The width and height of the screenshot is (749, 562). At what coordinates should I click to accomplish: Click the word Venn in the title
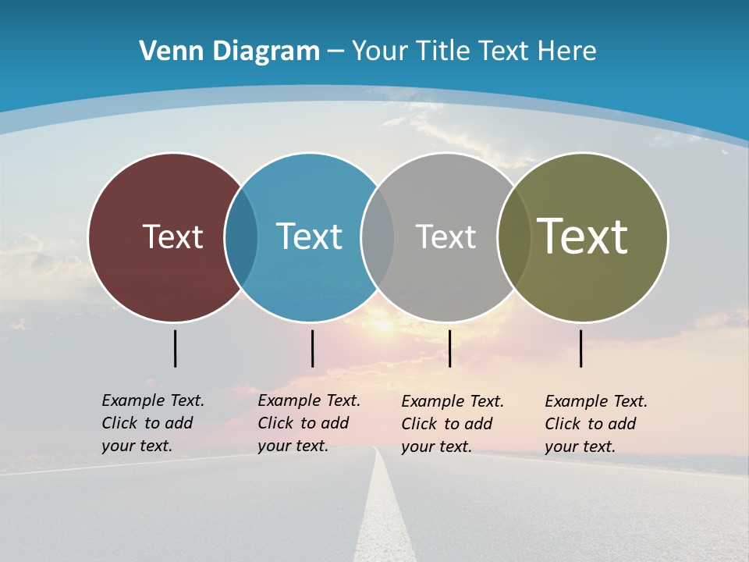pyautogui.click(x=165, y=52)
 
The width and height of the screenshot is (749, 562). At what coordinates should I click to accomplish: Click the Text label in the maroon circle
pyautogui.click(x=172, y=237)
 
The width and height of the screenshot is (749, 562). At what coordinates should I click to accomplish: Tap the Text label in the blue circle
pyautogui.click(x=309, y=237)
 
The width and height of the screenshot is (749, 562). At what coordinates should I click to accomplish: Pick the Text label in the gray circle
pyautogui.click(x=445, y=237)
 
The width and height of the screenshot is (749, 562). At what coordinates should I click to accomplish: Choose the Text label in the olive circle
pyautogui.click(x=582, y=237)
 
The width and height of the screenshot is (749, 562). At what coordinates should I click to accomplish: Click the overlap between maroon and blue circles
pyautogui.click(x=241, y=237)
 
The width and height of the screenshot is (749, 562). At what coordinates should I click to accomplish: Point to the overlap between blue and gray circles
pyautogui.click(x=378, y=237)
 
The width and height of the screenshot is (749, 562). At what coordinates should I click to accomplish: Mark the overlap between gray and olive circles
pyautogui.click(x=513, y=237)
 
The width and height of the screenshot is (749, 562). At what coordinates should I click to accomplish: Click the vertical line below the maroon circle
pyautogui.click(x=175, y=348)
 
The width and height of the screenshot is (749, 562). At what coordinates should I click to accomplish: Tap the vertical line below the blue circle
pyautogui.click(x=312, y=348)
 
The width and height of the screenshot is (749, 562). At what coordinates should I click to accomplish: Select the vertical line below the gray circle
pyautogui.click(x=449, y=348)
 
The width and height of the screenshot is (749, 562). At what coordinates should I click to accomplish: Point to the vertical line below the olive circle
pyautogui.click(x=580, y=348)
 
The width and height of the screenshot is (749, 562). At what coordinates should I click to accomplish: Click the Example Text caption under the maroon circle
pyautogui.click(x=153, y=423)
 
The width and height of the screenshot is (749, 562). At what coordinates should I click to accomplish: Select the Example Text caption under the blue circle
pyautogui.click(x=309, y=423)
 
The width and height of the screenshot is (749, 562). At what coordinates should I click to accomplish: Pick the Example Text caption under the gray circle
pyautogui.click(x=453, y=424)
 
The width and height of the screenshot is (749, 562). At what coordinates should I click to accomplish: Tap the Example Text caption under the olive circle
pyautogui.click(x=596, y=424)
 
